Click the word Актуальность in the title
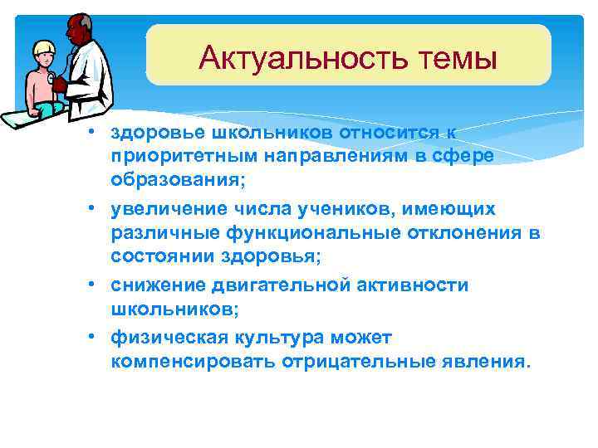pos(291,58)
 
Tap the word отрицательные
pos(362,362)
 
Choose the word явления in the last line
pos(489,362)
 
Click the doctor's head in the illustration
pos(77,30)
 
